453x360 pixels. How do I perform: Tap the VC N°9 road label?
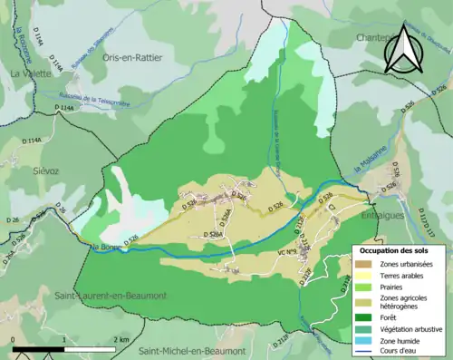[x=287, y=253]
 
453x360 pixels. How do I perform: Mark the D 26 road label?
[x=13, y=220]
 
